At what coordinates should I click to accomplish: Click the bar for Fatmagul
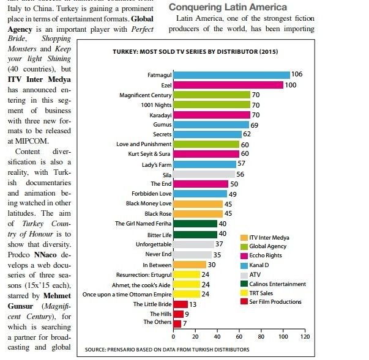coord(232,75)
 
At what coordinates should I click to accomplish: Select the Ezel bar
coord(228,85)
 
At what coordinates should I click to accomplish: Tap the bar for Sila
coord(204,174)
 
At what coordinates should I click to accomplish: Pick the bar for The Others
coord(177,323)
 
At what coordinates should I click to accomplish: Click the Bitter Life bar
coord(196,233)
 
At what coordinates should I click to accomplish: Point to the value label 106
coord(298,75)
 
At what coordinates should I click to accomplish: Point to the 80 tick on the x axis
coord(261,337)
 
